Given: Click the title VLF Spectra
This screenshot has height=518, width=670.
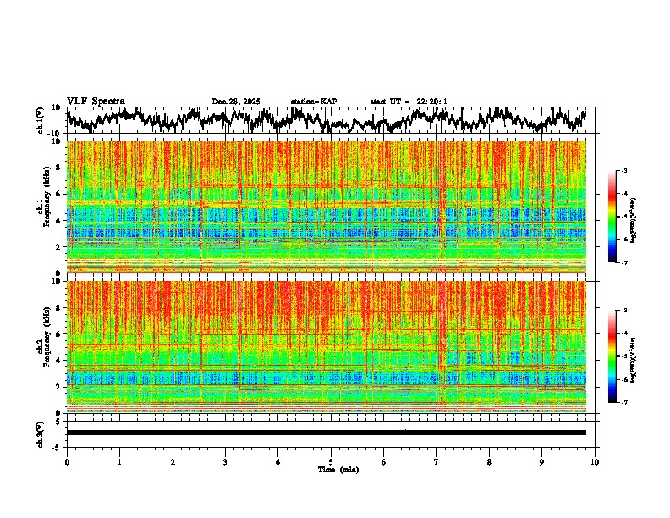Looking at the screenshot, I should point(96,101).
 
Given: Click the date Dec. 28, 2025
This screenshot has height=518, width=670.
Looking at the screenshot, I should point(236,102).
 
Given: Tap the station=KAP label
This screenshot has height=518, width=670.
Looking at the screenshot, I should point(314,102).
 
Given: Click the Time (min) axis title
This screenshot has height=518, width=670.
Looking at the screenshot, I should point(338,469).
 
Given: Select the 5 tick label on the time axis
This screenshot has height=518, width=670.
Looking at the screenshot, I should point(331,461).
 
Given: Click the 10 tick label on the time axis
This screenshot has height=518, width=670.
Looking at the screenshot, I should point(595,461).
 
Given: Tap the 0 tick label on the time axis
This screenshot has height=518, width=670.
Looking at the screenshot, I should point(67,461).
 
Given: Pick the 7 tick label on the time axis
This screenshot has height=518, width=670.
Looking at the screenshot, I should point(437,461).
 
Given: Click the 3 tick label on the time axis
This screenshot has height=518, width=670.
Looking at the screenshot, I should point(225,461).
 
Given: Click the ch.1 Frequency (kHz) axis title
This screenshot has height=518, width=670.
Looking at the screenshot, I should point(41,207).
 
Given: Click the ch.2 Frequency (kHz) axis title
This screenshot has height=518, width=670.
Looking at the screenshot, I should point(41,346).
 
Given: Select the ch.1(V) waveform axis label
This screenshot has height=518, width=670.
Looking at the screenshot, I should point(41,120).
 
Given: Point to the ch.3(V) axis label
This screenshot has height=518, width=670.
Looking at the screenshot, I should point(41,433).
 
